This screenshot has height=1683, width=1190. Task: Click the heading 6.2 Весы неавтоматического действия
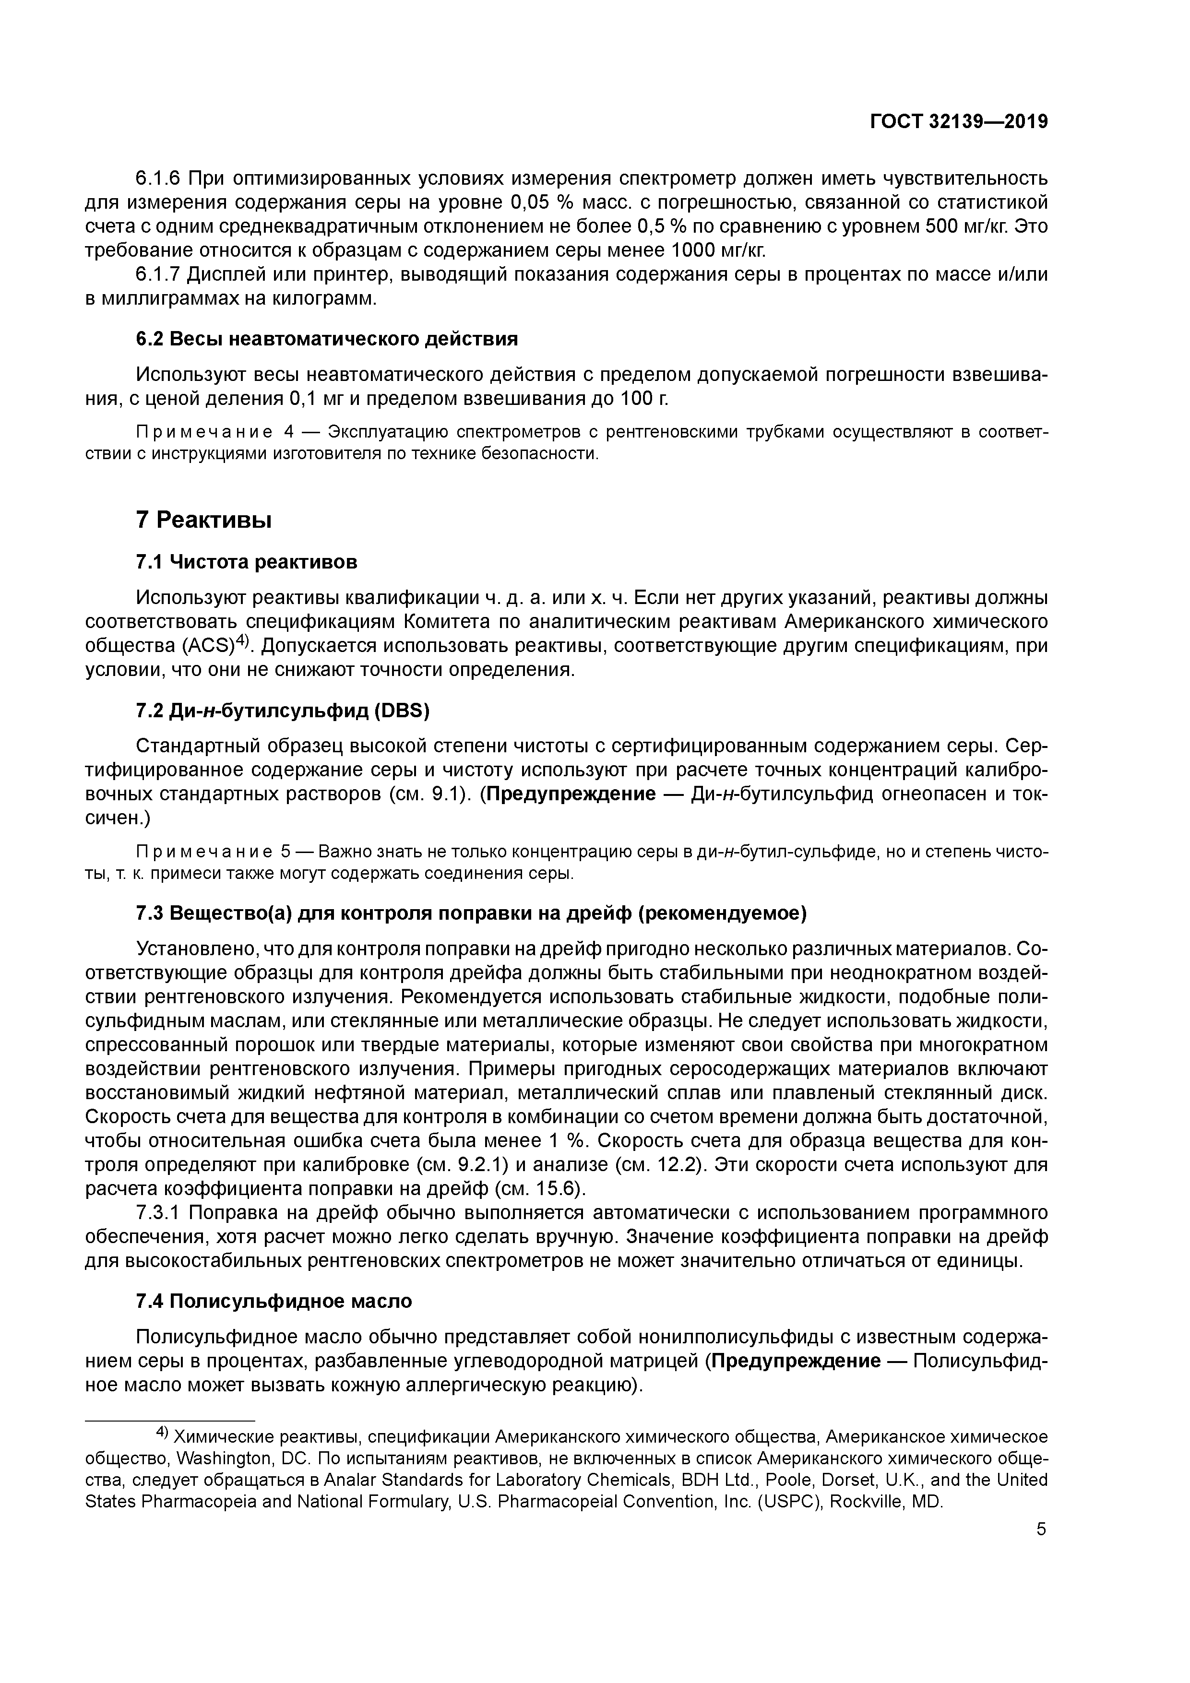tap(327, 339)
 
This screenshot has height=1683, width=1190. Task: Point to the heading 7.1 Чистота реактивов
tap(247, 562)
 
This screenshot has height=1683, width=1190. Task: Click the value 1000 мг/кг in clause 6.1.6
tap(718, 251)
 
